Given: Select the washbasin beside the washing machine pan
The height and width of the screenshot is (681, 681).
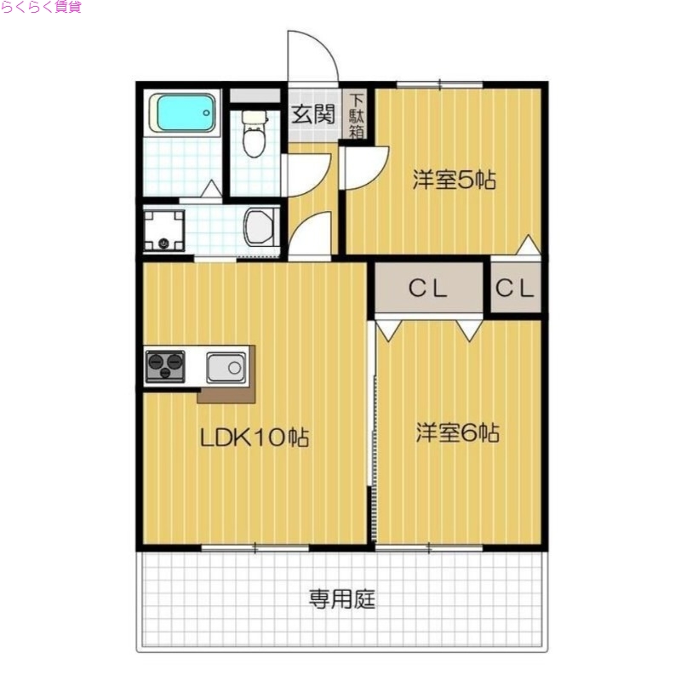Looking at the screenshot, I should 260,228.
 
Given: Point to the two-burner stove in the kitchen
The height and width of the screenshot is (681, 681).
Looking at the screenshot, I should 165,367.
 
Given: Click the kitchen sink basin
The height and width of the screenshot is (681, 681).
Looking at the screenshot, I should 226,368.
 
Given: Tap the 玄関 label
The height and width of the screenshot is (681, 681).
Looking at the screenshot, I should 312,115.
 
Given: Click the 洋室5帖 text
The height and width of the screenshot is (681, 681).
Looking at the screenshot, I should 455,180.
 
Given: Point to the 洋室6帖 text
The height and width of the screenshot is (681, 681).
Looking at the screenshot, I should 457,433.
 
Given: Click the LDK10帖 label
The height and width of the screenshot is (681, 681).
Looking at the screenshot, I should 253,438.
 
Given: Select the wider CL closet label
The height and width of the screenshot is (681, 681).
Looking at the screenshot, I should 428,289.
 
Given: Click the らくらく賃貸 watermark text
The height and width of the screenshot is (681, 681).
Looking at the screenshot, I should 41,8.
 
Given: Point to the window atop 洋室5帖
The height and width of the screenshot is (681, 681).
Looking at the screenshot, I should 439,84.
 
